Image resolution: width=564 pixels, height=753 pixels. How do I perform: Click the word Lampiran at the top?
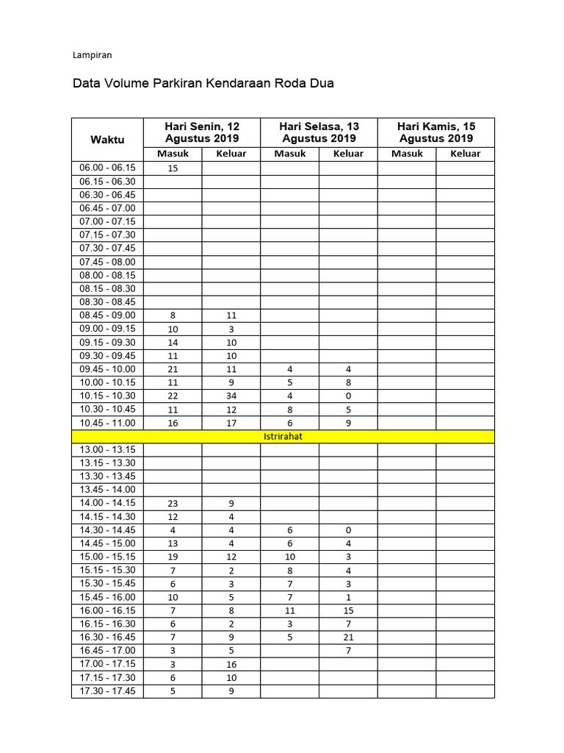click(92, 54)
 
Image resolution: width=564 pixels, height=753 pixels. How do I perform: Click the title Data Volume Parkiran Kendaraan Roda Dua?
click(203, 83)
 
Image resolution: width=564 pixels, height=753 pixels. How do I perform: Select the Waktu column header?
click(107, 140)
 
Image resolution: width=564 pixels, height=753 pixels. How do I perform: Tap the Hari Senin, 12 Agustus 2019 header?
click(202, 132)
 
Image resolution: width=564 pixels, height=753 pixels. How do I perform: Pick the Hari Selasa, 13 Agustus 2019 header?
click(319, 132)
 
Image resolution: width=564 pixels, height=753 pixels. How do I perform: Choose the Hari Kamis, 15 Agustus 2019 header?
click(436, 132)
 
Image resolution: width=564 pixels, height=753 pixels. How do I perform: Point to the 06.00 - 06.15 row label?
click(107, 168)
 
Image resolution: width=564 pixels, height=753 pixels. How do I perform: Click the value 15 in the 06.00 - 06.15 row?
click(173, 168)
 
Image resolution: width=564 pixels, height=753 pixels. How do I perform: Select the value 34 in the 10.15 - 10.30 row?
click(231, 396)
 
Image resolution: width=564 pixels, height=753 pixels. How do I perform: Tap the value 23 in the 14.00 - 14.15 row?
click(173, 504)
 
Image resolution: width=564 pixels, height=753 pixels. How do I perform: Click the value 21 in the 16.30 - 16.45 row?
click(348, 638)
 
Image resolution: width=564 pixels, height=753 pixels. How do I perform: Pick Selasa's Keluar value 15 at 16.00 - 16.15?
click(348, 611)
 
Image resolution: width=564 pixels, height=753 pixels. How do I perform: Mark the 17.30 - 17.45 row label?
click(107, 691)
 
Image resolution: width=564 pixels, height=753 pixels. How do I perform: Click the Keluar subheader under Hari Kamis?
click(466, 154)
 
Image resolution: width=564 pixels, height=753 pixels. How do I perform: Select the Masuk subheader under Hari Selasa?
click(289, 154)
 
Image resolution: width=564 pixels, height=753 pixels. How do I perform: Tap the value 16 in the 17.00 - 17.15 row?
click(231, 665)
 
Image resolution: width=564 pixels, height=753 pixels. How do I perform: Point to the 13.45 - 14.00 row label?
click(107, 490)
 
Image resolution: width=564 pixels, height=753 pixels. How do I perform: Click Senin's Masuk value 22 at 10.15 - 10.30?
click(173, 396)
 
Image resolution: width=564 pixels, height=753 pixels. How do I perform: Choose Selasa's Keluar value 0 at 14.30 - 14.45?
click(348, 530)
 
